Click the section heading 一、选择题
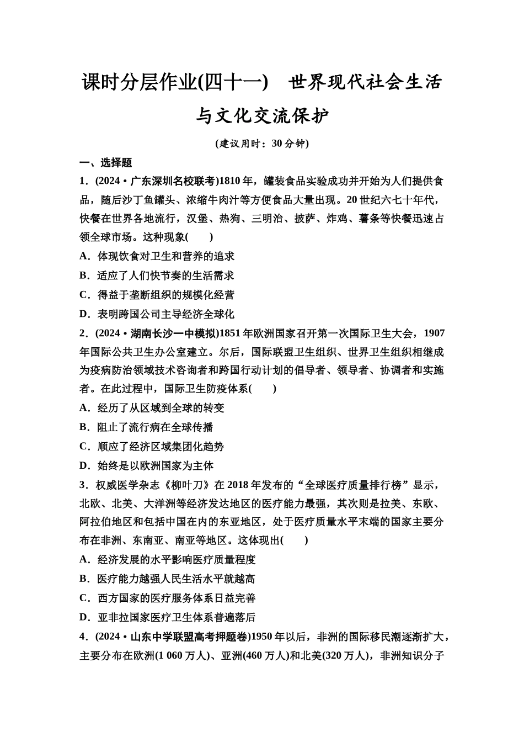point(106,162)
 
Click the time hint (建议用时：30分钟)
point(262,144)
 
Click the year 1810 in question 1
point(230,181)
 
